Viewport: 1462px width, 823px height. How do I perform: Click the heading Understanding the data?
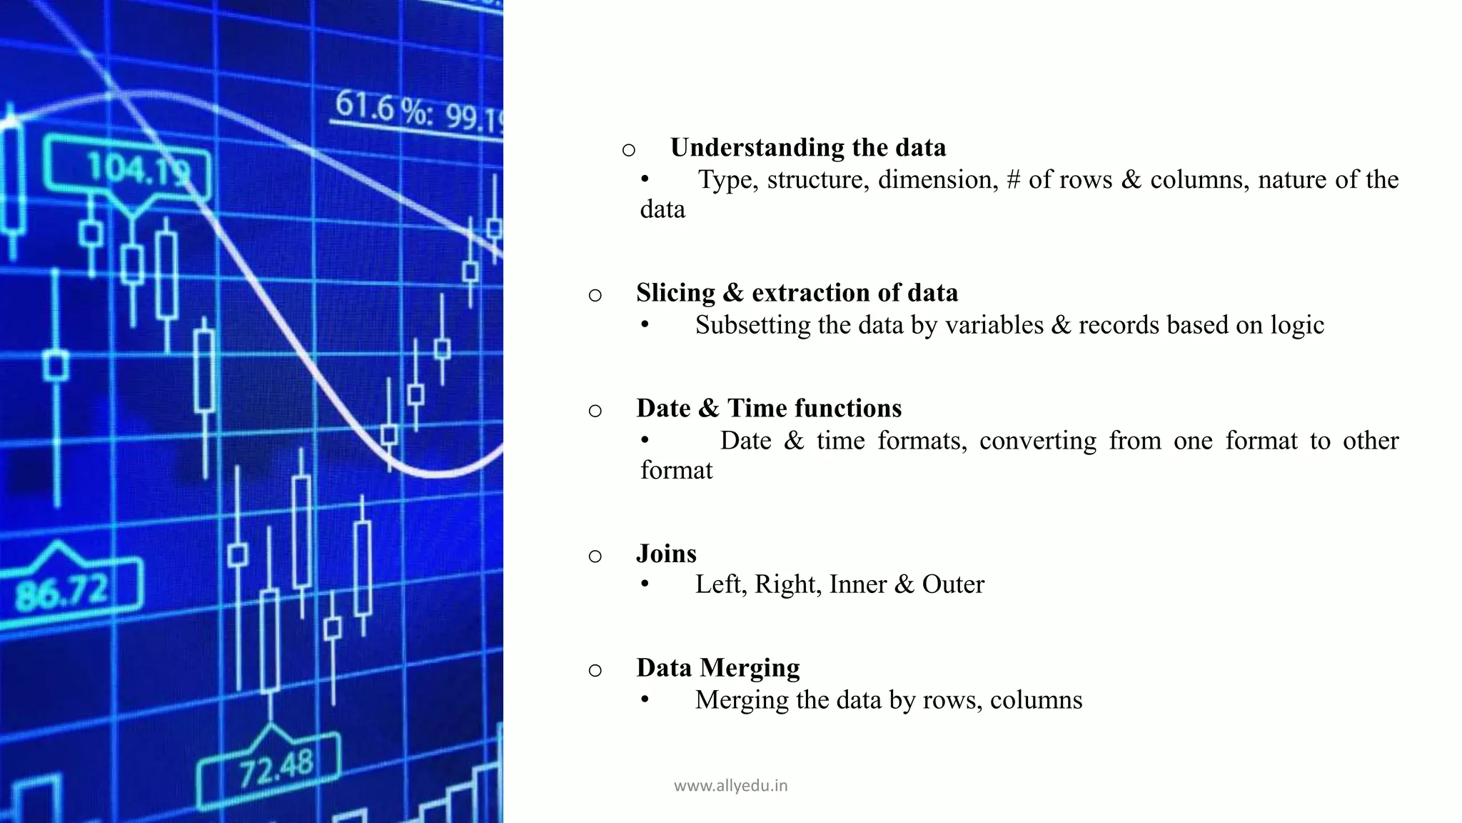[x=807, y=148]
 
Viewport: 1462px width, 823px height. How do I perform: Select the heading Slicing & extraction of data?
[x=797, y=293]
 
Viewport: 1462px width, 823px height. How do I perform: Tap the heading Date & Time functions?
[x=769, y=409]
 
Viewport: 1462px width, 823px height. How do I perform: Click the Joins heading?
[x=666, y=554]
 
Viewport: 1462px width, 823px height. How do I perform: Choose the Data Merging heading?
[x=717, y=668]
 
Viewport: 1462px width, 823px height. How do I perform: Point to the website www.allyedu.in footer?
[x=730, y=786]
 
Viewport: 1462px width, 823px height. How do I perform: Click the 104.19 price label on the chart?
[x=138, y=171]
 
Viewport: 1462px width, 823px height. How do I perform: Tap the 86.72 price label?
[x=62, y=591]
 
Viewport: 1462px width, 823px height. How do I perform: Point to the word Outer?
[x=953, y=584]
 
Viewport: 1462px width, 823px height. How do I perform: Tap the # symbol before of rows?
[x=1013, y=180]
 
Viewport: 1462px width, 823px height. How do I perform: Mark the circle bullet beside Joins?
[x=595, y=556]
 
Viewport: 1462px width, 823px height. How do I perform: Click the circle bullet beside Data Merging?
[x=595, y=670]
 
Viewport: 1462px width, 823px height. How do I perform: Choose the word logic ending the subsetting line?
[x=1296, y=326]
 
